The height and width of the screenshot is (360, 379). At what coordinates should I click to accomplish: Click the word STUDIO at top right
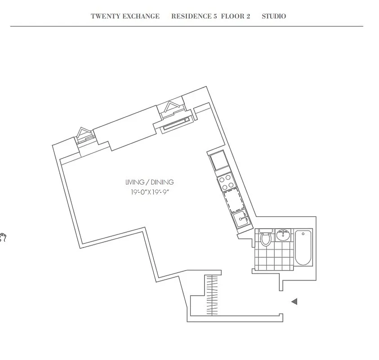(x=274, y=16)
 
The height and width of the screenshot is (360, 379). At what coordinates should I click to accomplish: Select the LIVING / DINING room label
(x=149, y=182)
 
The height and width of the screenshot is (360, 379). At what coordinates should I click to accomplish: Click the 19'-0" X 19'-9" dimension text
(x=149, y=192)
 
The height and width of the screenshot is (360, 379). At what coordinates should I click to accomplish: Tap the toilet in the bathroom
(x=266, y=238)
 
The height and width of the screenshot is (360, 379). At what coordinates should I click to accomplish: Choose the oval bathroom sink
(x=283, y=235)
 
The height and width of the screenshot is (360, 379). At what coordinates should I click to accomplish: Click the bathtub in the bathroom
(x=303, y=247)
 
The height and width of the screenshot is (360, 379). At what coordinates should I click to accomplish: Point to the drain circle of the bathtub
(x=303, y=234)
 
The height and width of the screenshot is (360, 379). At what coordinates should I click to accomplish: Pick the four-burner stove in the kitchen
(x=226, y=182)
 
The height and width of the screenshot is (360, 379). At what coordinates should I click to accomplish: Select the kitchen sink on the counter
(x=241, y=220)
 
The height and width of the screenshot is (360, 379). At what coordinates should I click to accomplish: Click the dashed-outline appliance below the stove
(x=233, y=201)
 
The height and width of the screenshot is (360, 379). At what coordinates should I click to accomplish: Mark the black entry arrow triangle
(x=294, y=301)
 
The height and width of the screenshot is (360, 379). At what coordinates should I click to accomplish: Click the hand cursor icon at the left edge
(x=2, y=237)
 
